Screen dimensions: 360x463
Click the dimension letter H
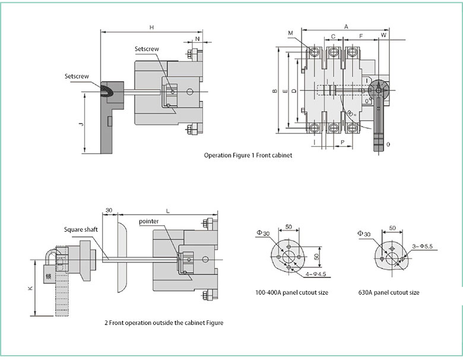point(151,27)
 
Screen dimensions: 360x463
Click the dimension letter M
point(291,33)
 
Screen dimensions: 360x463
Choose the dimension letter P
point(343,143)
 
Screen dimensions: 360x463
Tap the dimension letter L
point(168,211)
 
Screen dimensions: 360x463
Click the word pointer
point(148,221)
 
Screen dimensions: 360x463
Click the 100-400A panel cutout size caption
point(291,292)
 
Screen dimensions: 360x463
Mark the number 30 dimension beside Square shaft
point(109,210)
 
